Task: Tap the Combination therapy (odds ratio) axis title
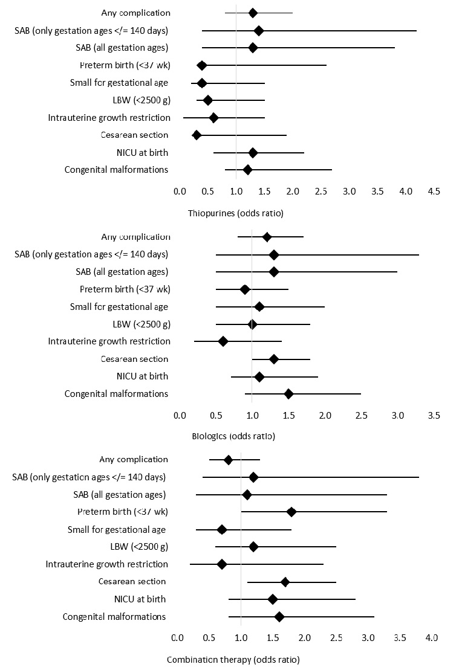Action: pyautogui.click(x=233, y=659)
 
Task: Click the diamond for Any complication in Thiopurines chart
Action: pyautogui.click(x=253, y=13)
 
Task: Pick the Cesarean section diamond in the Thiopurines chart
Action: pyautogui.click(x=197, y=135)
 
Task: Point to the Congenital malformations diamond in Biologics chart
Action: pyautogui.click(x=288, y=394)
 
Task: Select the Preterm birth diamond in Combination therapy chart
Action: pyautogui.click(x=291, y=512)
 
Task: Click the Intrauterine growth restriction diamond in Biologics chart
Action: pyautogui.click(x=223, y=341)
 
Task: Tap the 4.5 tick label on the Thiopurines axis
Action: pyautogui.click(x=434, y=192)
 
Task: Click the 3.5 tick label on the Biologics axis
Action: pyautogui.click(x=434, y=416)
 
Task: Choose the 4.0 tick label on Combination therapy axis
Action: pyautogui.click(x=432, y=637)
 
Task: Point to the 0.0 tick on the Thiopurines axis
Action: pyautogui.click(x=180, y=192)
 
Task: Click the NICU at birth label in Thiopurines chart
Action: pyautogui.click(x=142, y=152)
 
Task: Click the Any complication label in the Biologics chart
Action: pyautogui.click(x=135, y=236)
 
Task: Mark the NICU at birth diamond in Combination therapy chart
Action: pyautogui.click(x=273, y=599)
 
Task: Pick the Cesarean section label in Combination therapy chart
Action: pyautogui.click(x=132, y=581)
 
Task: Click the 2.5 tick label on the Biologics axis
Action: pyautogui.click(x=361, y=416)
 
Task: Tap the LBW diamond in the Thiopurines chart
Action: pyautogui.click(x=207, y=100)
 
